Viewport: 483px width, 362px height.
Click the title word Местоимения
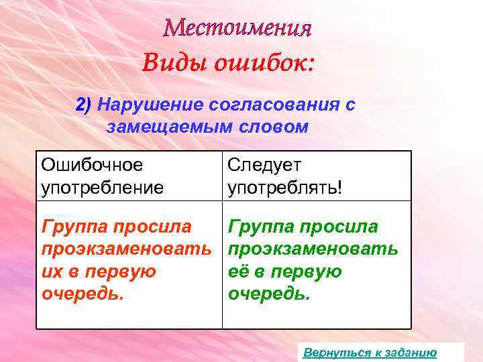238,28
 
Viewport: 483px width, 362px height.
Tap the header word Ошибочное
91,164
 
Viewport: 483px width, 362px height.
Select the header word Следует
265,164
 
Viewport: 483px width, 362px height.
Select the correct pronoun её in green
239,271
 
